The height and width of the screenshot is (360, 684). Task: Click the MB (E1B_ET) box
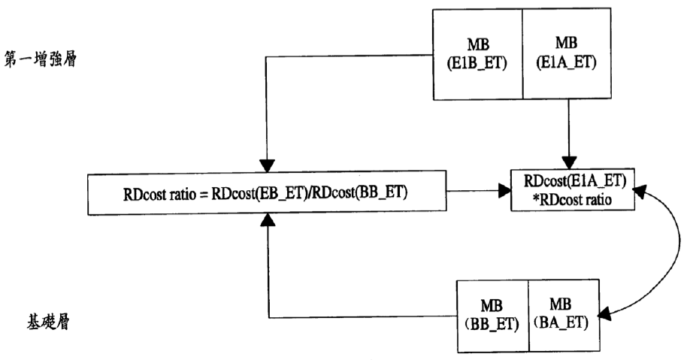coord(477,54)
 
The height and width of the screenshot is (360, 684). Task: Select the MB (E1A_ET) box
coord(567,53)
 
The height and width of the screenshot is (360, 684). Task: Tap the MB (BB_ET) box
coord(492,316)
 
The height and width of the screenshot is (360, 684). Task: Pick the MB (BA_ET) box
coord(564,316)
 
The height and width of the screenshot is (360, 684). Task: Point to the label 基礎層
coord(48,322)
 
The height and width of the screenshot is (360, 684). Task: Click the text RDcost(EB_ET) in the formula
coord(257,193)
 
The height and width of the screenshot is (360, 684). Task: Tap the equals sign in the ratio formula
coord(203,194)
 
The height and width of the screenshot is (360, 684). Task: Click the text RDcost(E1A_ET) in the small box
coord(575,180)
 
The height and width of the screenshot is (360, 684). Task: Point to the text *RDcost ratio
coord(572,200)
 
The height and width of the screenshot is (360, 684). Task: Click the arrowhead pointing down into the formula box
coord(267,165)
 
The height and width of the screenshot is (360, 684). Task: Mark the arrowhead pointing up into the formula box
coord(268,221)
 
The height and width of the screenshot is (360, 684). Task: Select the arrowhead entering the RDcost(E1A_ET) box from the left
coord(504,191)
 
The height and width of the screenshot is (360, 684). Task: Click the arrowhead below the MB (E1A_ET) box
coord(568,163)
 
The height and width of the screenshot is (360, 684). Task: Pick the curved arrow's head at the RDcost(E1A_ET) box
coord(640,191)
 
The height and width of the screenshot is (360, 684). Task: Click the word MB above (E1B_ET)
coord(478,44)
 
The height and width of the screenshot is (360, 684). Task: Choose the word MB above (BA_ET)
coord(561,304)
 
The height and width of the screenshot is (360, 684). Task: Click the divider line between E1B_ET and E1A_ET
coord(522,54)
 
